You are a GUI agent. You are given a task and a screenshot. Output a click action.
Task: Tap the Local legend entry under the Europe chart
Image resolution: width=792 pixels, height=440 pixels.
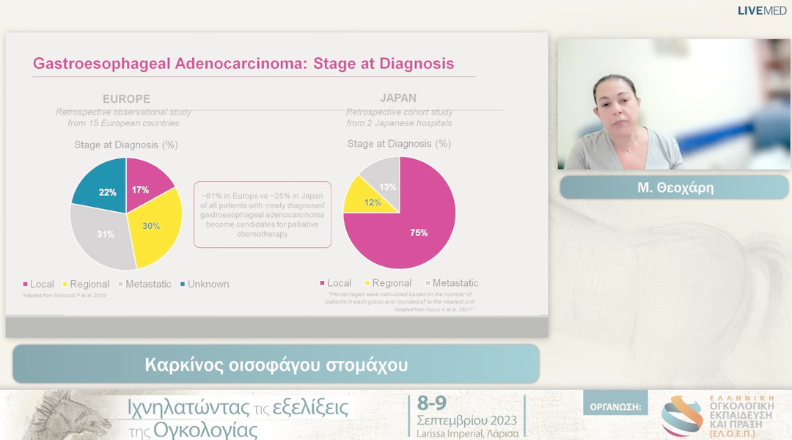41,284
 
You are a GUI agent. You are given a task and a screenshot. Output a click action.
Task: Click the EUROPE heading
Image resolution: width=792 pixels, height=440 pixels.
126,99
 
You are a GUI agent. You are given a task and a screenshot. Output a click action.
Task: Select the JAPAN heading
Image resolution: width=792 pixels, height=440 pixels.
398,98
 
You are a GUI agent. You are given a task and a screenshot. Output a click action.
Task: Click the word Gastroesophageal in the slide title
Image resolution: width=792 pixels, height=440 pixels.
102,63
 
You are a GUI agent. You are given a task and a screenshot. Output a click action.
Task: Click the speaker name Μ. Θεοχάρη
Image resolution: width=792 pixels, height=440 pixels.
675,188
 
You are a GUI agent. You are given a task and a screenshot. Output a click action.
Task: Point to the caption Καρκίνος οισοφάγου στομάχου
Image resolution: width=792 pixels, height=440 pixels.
276,364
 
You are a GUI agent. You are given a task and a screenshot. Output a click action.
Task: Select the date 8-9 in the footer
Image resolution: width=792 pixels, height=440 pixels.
431,403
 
